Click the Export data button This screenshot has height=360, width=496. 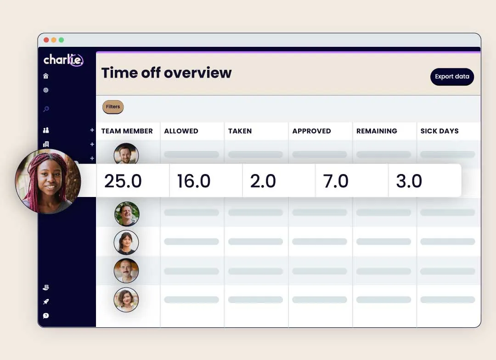point(452,77)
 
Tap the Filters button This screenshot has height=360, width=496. point(113,107)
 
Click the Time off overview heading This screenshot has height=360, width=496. point(166,73)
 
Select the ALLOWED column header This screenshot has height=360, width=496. point(181,131)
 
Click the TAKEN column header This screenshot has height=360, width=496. point(240,131)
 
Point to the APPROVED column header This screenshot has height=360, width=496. point(311,131)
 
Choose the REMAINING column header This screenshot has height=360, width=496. point(377,131)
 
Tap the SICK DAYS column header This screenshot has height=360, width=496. point(440,131)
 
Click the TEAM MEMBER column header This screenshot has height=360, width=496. point(127,131)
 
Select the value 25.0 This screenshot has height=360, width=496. point(123,181)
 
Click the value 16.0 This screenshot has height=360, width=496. point(193,181)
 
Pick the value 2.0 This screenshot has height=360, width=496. point(263,181)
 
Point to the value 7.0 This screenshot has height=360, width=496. point(336,181)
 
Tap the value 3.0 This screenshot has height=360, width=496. point(409,181)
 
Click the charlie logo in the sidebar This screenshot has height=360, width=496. point(63,60)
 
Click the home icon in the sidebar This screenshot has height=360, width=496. point(45,76)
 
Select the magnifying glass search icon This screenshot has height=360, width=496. point(46,109)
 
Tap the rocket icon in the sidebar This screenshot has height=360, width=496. point(46,302)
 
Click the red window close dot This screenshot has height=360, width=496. point(46,40)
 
